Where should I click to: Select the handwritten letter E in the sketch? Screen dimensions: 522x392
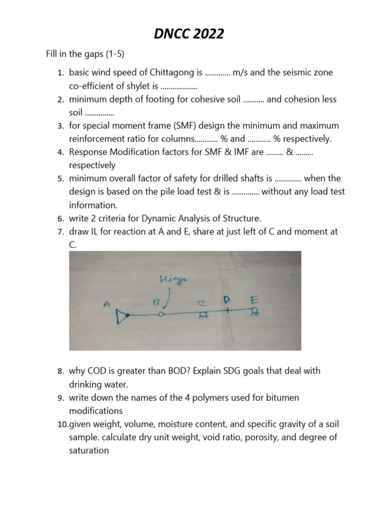click(254, 302)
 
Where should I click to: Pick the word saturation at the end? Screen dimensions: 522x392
click(89, 451)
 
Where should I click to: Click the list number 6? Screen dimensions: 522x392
click(60, 219)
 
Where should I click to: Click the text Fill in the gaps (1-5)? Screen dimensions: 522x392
click(82, 54)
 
